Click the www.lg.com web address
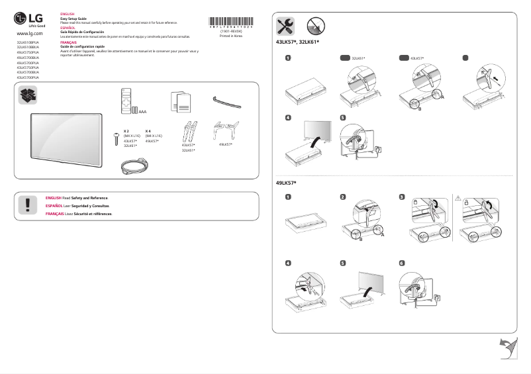[29, 32]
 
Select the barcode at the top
[230, 21]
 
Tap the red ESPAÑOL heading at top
[68, 28]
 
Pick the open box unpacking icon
[28, 95]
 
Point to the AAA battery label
[142, 112]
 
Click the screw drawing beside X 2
[117, 138]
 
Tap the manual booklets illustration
[180, 101]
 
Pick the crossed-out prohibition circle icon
[316, 26]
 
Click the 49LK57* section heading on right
[286, 183]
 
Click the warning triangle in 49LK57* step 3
[458, 197]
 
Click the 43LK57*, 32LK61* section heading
[297, 42]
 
